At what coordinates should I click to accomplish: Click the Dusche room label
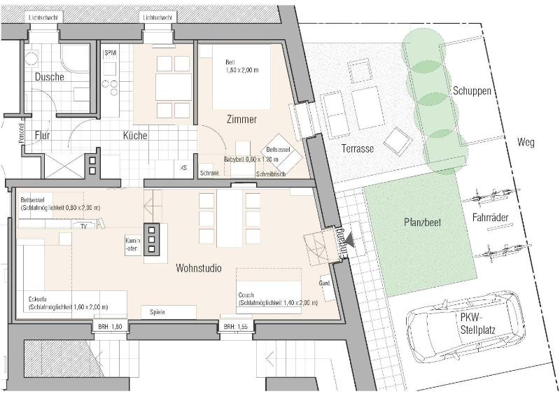point(49,77)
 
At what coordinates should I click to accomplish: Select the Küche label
point(135,135)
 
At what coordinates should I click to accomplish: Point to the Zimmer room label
point(241,119)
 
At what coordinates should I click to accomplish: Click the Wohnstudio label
point(199,267)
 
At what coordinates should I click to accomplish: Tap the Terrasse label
point(358,149)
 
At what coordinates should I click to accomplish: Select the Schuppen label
point(471,91)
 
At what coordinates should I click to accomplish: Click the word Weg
point(525,143)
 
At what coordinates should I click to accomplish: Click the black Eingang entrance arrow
point(350,240)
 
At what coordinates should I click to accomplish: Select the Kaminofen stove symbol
point(150,243)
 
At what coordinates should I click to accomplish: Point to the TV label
point(83,226)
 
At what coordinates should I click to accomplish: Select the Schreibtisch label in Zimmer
point(271,174)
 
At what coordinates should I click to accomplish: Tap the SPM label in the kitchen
point(110,53)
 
